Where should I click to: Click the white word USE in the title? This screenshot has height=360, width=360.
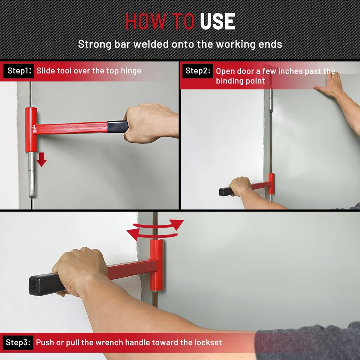click(218, 21)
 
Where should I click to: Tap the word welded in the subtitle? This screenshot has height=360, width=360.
click(151, 44)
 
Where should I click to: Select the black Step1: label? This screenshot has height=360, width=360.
click(19, 71)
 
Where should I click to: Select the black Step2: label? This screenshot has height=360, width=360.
click(198, 71)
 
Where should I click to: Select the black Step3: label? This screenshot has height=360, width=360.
click(18, 342)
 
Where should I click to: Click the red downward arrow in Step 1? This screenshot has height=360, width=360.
click(42, 160)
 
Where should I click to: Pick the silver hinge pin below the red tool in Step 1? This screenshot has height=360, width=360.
click(32, 174)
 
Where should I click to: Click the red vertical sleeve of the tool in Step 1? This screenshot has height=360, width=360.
click(31, 129)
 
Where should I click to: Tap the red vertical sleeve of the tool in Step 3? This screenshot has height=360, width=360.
click(157, 265)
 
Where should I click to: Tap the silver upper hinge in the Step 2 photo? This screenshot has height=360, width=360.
click(271, 100)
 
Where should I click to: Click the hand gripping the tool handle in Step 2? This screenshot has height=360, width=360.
click(240, 186)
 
